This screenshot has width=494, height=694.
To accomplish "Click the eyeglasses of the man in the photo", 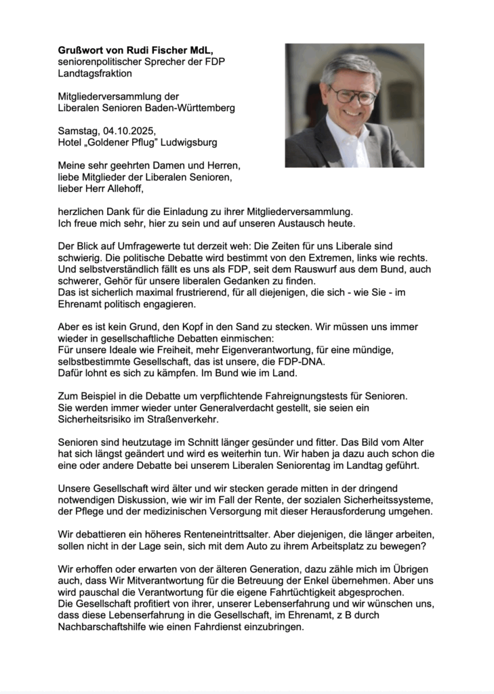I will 352,96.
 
